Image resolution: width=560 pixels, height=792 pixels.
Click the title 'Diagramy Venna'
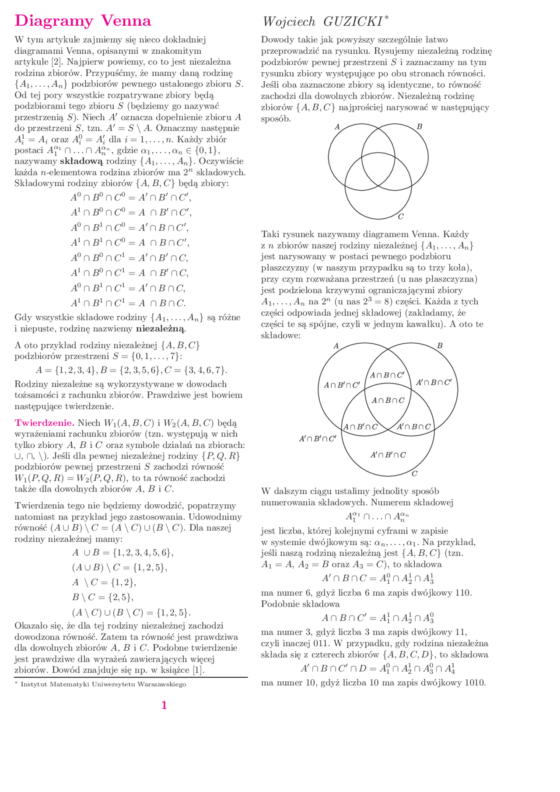[83, 21]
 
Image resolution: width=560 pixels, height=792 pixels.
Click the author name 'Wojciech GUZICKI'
[325, 21]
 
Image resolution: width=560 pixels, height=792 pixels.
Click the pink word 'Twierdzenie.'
[45, 423]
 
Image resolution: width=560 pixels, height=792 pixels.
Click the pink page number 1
[164, 705]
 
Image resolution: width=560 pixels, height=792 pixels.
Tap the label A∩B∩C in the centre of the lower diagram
[388, 401]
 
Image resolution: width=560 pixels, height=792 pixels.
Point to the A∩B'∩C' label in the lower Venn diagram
[342, 385]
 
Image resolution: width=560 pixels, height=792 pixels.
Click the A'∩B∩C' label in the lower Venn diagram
[434, 383]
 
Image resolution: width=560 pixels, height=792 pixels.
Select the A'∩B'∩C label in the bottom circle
[388, 455]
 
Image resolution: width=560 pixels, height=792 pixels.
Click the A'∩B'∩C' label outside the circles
[318, 439]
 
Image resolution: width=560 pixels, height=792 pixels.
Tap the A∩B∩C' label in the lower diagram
[387, 375]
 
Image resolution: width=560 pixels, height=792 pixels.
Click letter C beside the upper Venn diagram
[401, 216]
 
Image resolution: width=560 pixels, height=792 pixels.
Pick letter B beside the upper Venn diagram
[419, 127]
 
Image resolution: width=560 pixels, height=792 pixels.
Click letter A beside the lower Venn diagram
[336, 346]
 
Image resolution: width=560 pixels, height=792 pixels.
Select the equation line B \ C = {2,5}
[103, 597]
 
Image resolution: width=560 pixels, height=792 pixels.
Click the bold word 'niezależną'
[161, 328]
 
